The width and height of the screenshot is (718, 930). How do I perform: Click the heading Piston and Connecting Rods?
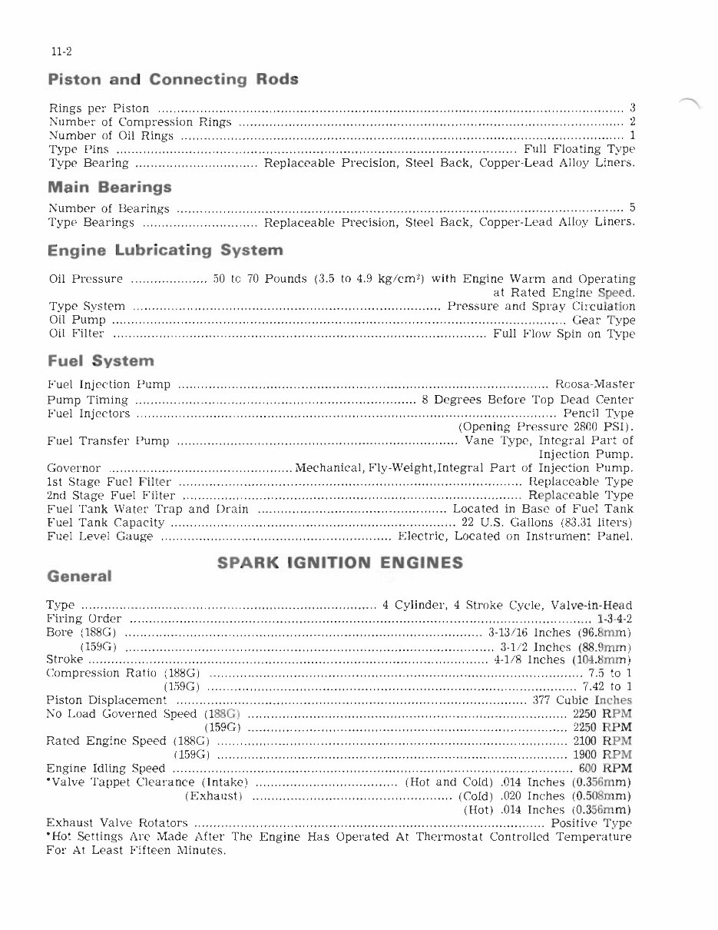coord(173,80)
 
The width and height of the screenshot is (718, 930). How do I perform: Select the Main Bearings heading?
coord(109,187)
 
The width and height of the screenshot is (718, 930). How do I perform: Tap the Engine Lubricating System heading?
coord(165,251)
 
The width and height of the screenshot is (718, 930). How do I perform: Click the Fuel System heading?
coord(101,360)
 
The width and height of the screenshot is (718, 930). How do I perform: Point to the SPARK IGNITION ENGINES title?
coord(340,563)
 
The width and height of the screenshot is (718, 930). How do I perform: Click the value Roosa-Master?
coord(594,384)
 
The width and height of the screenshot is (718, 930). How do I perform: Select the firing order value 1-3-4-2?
coord(614,619)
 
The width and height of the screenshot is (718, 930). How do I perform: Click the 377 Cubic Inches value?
coord(581,700)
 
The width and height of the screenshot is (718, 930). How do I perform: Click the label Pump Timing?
coord(88,400)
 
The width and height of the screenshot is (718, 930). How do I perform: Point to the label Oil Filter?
coord(76,334)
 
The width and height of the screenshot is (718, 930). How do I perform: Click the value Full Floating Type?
coord(579,149)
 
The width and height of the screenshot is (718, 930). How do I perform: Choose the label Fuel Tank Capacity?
coord(106,523)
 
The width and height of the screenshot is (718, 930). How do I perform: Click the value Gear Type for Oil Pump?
coord(604,320)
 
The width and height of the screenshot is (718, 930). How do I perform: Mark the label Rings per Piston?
coord(99,108)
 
